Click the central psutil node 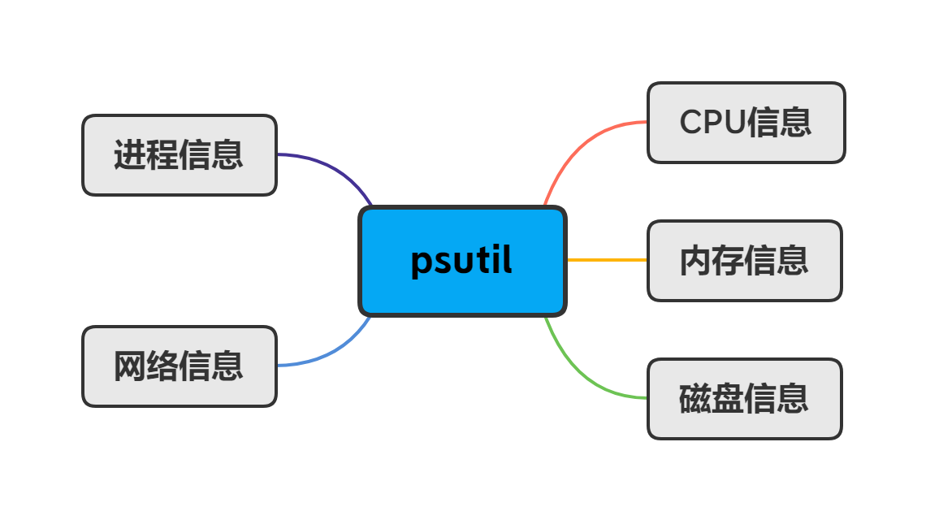tap(461, 261)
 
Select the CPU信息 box tap(746, 123)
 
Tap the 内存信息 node tap(744, 261)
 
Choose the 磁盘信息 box tap(744, 399)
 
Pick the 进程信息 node tap(179, 155)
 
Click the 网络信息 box tap(179, 366)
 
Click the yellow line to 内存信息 tap(607, 260)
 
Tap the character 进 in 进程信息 tap(130, 155)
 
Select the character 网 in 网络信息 tap(130, 366)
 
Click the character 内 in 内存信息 tap(695, 261)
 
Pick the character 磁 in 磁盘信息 tap(695, 399)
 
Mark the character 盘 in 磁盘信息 tap(728, 399)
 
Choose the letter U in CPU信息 tap(733, 123)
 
